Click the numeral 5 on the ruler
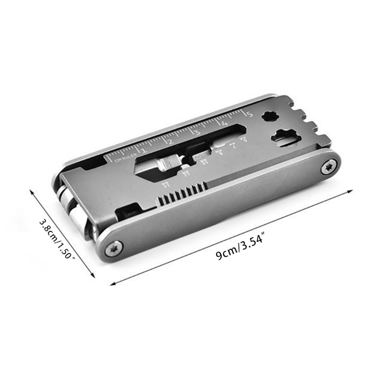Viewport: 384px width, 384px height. tap(249, 114)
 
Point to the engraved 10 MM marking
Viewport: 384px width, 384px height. tap(204, 162)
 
